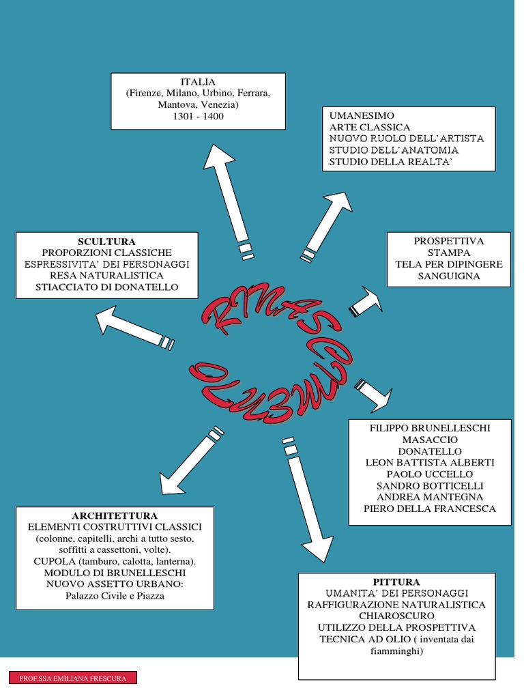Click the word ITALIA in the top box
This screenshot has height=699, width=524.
(198, 83)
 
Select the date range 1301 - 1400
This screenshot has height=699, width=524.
(198, 117)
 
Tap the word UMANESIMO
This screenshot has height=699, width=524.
(362, 116)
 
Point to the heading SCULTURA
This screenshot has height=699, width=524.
(106, 242)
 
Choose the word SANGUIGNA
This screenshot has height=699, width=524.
(449, 276)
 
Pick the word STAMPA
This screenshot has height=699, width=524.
(449, 253)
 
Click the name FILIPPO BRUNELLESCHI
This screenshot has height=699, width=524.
(430, 428)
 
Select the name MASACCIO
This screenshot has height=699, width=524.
(430, 440)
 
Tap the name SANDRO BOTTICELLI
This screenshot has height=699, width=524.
(430, 485)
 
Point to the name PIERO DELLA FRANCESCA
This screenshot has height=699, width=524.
(430, 509)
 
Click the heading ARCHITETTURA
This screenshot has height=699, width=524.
(115, 515)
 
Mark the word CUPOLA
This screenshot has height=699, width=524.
(53, 561)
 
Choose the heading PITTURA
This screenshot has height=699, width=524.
(396, 582)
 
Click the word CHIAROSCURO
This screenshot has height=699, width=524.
(396, 616)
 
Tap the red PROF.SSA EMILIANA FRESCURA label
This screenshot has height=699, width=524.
(72, 678)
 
